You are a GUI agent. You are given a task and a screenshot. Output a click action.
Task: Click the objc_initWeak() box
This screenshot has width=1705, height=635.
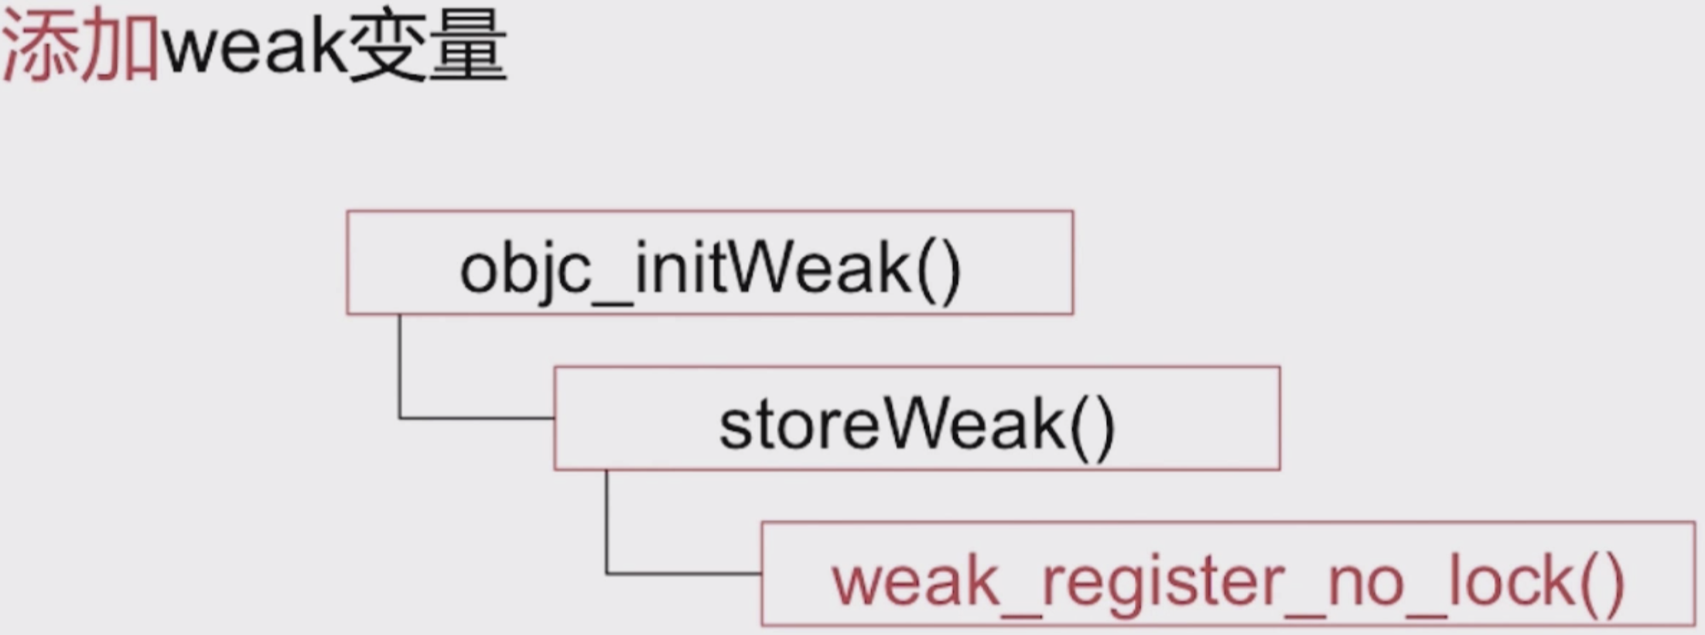[709, 262]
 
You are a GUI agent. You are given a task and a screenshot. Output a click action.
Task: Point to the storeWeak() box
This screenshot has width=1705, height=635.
[917, 418]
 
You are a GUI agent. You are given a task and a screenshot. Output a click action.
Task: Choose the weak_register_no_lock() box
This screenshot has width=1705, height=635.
[1227, 574]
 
